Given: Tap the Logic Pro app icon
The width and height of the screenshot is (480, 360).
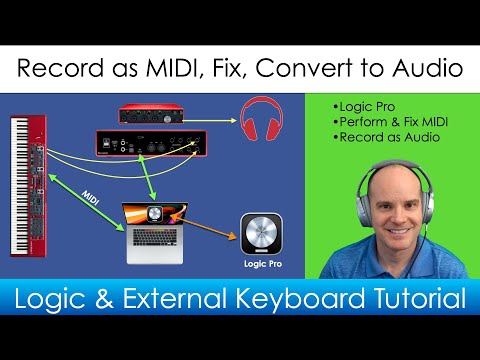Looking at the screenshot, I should tap(260, 234).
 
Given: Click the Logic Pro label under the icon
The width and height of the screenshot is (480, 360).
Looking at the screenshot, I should tap(260, 266).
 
